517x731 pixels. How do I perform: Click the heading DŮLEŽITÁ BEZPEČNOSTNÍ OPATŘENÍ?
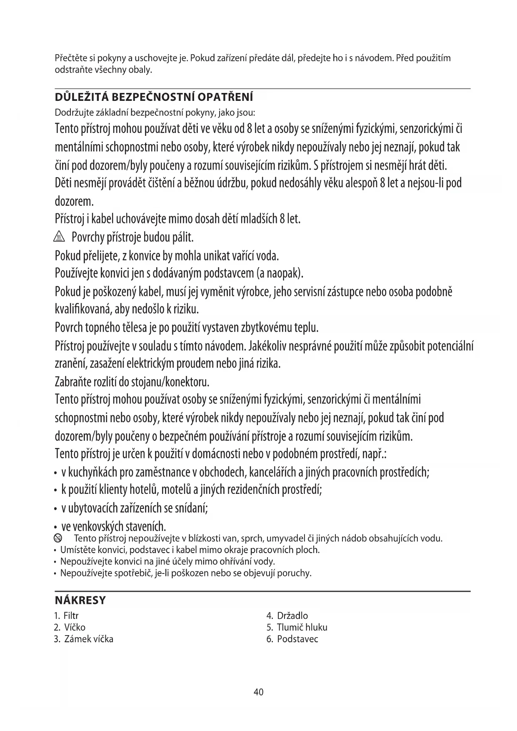(x=154, y=98)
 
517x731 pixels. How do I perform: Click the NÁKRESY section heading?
(x=80, y=601)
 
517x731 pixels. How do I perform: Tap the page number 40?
(x=258, y=692)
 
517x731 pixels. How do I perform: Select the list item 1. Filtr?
(x=66, y=616)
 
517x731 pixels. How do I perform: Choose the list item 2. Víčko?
(x=70, y=627)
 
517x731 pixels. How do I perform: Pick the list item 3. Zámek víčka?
(x=83, y=639)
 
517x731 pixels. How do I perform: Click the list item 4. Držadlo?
(x=287, y=616)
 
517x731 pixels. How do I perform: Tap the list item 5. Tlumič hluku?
(x=297, y=627)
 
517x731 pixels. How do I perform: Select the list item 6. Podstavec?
(x=292, y=639)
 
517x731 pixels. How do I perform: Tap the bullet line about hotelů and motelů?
(x=191, y=489)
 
